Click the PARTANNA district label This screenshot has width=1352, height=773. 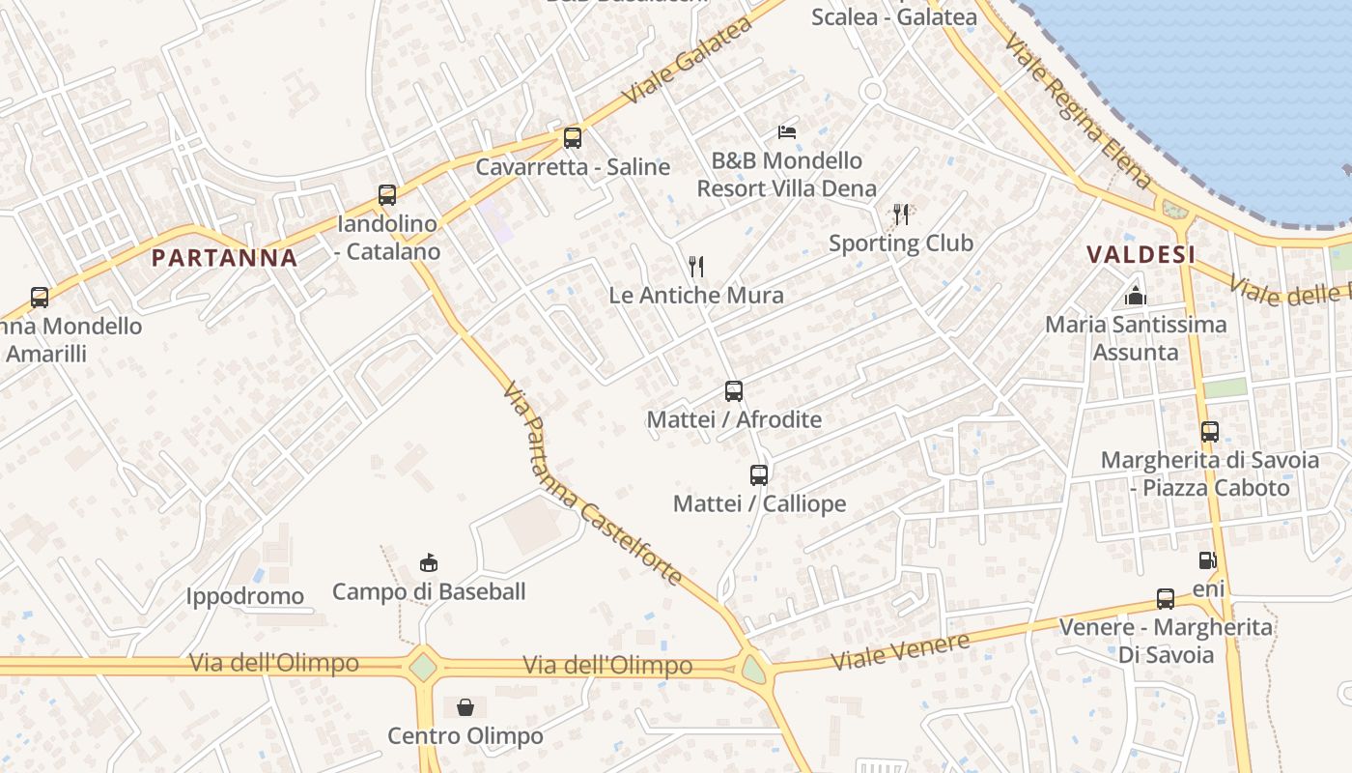click(x=224, y=257)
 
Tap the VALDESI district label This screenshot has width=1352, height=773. click(x=1141, y=254)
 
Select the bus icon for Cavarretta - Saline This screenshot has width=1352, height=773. click(x=573, y=137)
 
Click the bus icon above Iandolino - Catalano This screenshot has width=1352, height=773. click(x=387, y=194)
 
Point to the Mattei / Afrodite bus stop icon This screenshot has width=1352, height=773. click(x=734, y=391)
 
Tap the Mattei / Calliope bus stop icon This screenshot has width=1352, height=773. click(x=759, y=474)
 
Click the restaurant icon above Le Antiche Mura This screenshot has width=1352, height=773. click(x=696, y=266)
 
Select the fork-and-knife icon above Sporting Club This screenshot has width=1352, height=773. click(x=901, y=214)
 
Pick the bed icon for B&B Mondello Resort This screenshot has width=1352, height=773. click(x=787, y=131)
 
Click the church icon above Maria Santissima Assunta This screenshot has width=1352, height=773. click(x=1136, y=296)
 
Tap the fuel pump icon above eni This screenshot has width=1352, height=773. click(x=1207, y=559)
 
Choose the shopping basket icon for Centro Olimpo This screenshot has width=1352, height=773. click(x=465, y=707)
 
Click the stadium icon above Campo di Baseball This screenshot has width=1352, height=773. click(x=429, y=562)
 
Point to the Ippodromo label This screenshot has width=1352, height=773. click(x=245, y=596)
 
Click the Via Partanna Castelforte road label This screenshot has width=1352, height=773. click(x=592, y=483)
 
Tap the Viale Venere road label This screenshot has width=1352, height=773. click(x=900, y=652)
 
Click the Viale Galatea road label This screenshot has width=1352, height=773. click(x=687, y=61)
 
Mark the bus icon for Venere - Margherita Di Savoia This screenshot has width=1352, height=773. click(x=1166, y=598)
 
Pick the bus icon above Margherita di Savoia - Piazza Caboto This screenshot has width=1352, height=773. click(x=1210, y=431)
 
